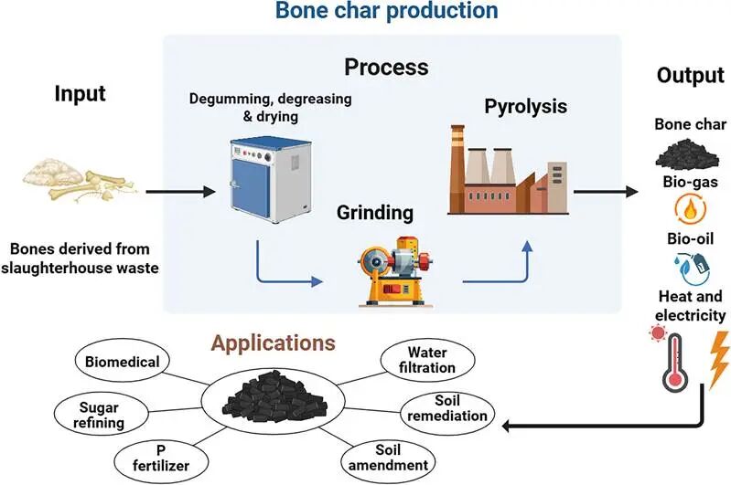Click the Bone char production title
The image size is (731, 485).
click(386, 10)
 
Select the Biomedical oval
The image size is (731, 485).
click(123, 361)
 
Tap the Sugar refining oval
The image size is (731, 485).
click(102, 415)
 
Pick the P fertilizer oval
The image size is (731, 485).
click(161, 459)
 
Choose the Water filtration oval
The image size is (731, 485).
click(427, 360)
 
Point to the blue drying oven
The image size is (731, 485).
click(271, 180)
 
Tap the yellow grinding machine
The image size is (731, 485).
click(395, 272)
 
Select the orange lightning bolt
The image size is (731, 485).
click(718, 359)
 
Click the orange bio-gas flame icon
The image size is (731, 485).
click(691, 209)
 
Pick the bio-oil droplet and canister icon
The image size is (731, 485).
click(692, 269)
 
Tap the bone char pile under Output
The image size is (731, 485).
click(687, 155)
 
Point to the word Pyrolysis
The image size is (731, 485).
click(525, 107)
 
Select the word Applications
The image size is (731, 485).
click(274, 343)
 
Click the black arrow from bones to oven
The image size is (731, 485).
click(181, 191)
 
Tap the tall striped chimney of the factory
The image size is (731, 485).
click(457, 168)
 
